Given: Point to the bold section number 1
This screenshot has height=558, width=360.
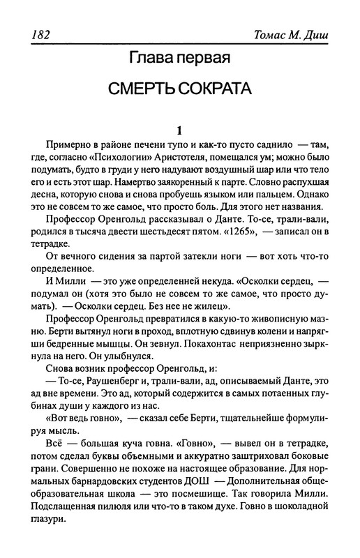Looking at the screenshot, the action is tap(179, 130).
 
